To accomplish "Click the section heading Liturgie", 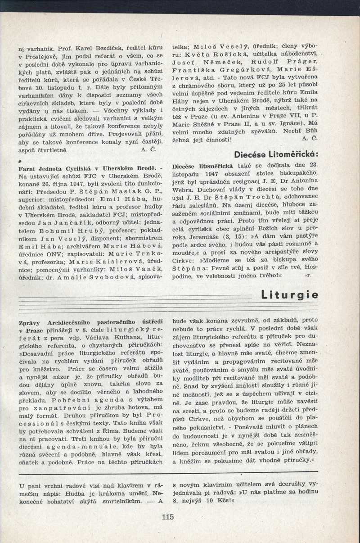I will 290,295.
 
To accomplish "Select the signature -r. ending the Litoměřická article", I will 308,275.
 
